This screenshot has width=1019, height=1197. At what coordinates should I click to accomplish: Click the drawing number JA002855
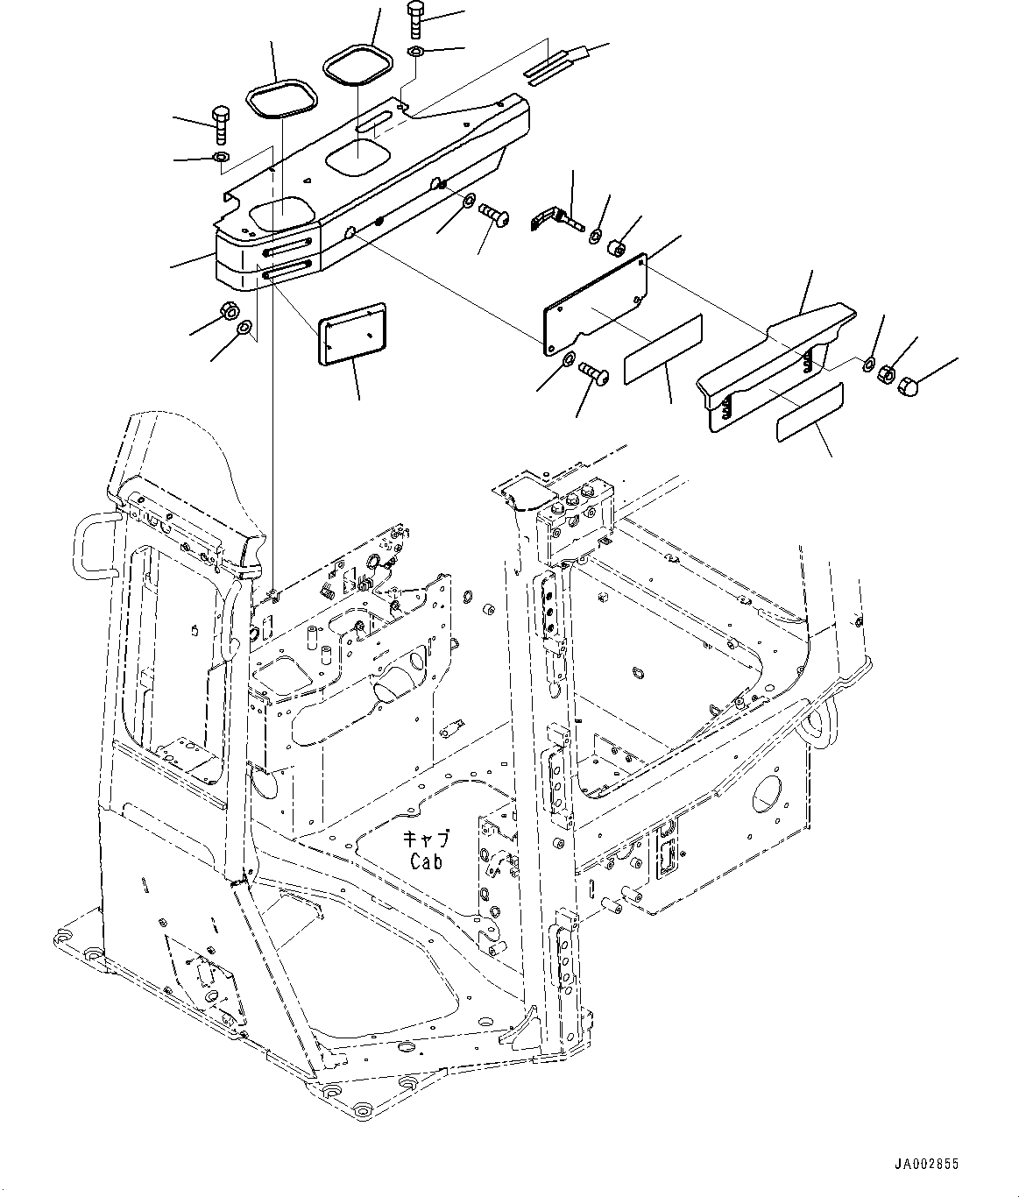tap(926, 1165)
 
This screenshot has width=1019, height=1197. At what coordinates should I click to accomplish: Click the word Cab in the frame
tap(426, 861)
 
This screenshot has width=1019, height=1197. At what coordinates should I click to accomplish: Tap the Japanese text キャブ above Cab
tap(427, 840)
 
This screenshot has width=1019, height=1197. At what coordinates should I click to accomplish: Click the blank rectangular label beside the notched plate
tap(662, 350)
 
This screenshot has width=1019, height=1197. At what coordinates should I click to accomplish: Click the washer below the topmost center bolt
tap(416, 53)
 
